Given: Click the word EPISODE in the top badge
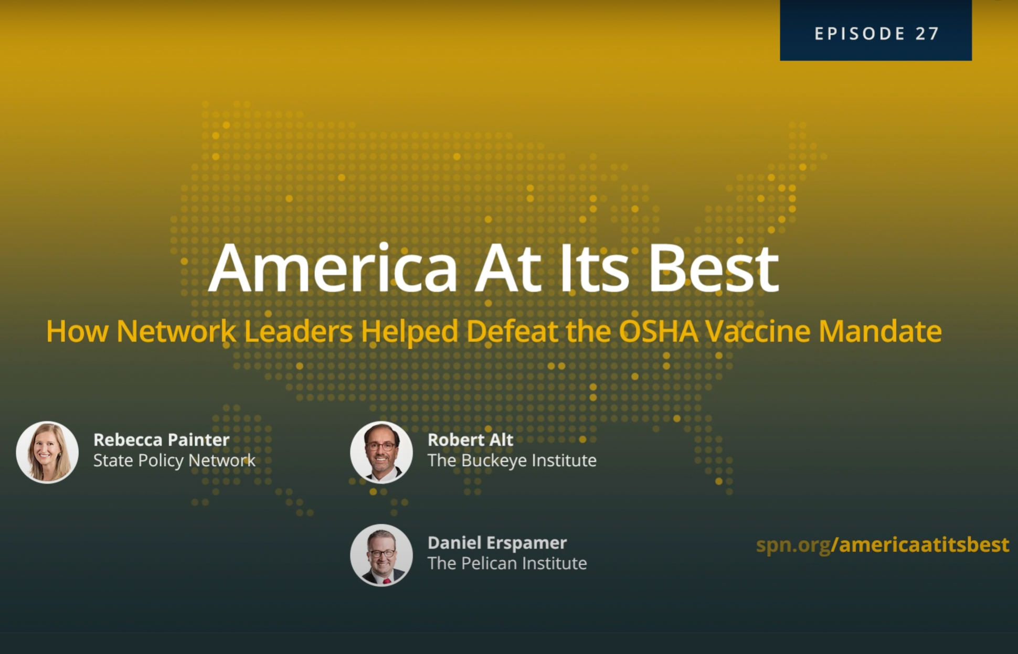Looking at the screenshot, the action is (x=860, y=34).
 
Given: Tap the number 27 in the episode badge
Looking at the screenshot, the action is (x=927, y=34).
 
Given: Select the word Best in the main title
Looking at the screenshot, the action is (x=713, y=268).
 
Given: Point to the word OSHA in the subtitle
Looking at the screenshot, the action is (x=659, y=331).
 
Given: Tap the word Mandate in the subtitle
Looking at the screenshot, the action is (x=880, y=331).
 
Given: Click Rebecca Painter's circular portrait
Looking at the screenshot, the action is (x=47, y=452).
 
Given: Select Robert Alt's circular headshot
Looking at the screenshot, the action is (x=381, y=452).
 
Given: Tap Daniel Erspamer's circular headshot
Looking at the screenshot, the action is (x=381, y=555).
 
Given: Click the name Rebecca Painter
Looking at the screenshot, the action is (x=162, y=439).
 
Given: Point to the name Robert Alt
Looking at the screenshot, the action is (x=470, y=439).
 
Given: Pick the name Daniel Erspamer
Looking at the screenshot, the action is (x=497, y=542).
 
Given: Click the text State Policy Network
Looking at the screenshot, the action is (x=174, y=460).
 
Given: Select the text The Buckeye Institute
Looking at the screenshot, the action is (x=512, y=460).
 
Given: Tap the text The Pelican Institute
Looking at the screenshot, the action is (x=507, y=563).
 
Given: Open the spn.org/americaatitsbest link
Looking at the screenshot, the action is (x=883, y=545).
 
